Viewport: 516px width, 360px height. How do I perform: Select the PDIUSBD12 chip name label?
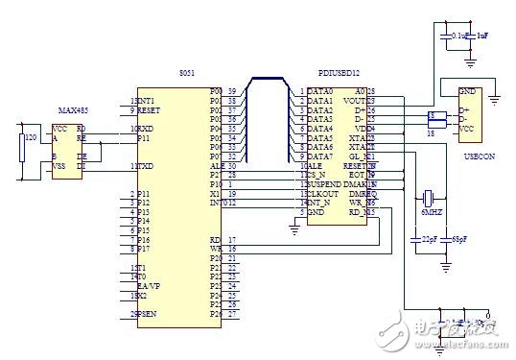point(339,74)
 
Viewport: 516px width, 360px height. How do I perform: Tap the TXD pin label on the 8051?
point(147,167)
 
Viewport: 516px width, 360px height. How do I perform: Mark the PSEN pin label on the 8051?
point(147,313)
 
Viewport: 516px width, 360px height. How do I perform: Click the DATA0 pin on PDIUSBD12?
point(320,91)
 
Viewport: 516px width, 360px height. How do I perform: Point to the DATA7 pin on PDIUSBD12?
point(320,156)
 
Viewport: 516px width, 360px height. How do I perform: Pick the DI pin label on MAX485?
point(82,166)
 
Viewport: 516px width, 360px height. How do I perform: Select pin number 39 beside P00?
point(231,90)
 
